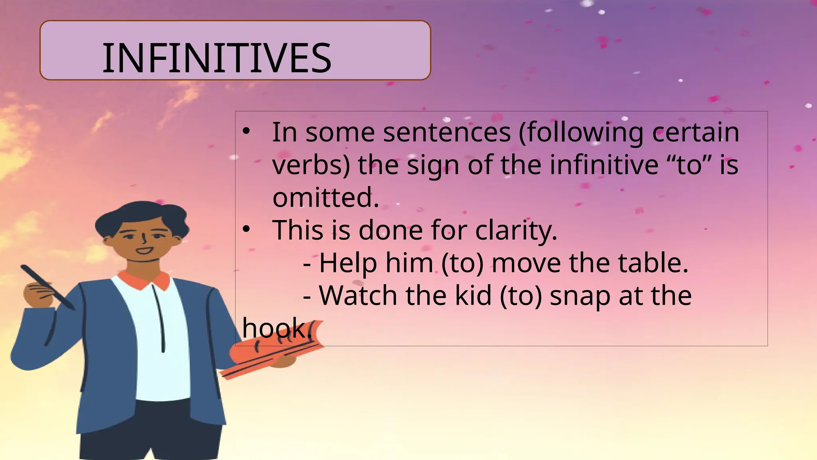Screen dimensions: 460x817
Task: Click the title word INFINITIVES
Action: [217, 59]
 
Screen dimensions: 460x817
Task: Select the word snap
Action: [580, 296]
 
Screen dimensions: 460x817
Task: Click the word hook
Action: [275, 328]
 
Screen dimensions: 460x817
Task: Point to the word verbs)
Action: [311, 165]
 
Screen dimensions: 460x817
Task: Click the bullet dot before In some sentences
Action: [247, 131]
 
